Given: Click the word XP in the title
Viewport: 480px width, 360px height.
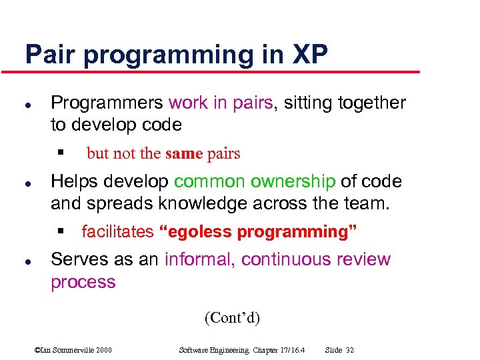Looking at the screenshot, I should click(309, 55).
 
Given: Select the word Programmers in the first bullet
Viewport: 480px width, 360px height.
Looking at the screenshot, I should click(107, 103).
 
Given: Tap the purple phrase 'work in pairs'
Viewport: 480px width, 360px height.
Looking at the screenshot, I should click(221, 103).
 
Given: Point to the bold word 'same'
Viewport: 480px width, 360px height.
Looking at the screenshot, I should click(183, 153).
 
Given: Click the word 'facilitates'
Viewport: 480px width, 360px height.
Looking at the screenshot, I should click(117, 232).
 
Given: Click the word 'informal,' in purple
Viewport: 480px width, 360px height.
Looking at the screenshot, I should click(200, 259).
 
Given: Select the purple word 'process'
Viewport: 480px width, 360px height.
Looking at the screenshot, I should click(83, 282).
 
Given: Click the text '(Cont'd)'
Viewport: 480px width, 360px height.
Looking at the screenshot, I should click(232, 317).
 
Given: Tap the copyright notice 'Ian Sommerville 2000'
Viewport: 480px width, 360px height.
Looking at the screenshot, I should click(73, 350).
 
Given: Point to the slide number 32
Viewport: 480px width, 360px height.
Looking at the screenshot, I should click(351, 350).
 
